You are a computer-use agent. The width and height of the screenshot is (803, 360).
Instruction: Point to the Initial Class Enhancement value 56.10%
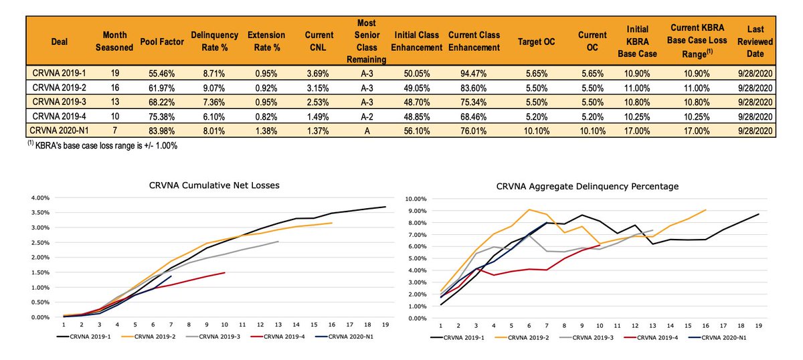click(418, 129)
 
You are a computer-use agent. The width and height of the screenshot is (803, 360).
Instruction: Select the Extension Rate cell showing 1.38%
click(266, 129)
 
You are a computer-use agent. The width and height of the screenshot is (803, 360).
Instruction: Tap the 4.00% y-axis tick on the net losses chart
click(42, 198)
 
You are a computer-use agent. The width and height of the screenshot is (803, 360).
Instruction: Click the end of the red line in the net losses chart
click(225, 272)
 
